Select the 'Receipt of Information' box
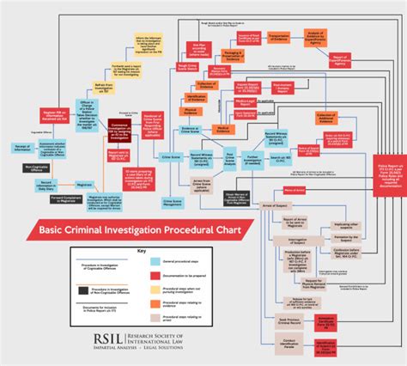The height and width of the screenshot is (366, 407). pyautogui.click(x=21, y=148)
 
